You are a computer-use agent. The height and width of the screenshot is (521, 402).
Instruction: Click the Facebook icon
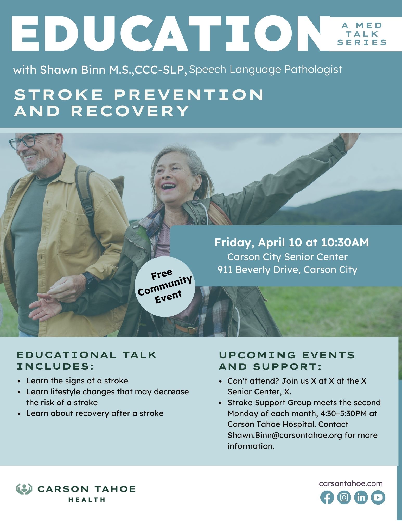click(327, 497)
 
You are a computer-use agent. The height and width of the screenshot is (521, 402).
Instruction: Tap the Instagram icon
click(344, 497)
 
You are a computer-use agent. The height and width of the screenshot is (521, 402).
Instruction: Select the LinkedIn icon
click(361, 497)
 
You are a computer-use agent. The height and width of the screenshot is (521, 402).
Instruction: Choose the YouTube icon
click(378, 497)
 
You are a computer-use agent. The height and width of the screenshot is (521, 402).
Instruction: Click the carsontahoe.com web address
click(351, 483)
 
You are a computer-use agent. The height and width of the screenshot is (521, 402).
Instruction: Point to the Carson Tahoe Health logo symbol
click(24, 489)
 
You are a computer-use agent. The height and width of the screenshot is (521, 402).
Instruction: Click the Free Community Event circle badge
click(164, 286)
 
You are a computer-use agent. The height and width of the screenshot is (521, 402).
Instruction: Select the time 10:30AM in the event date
click(345, 242)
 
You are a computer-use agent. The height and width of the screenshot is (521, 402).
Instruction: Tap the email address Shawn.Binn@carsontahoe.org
click(285, 435)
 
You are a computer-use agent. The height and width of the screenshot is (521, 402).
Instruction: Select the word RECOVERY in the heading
click(130, 111)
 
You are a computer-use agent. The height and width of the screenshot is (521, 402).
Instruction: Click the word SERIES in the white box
click(362, 42)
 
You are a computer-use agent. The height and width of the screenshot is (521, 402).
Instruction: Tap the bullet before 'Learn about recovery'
click(19, 414)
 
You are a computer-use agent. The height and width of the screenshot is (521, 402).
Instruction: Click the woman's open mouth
click(169, 187)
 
